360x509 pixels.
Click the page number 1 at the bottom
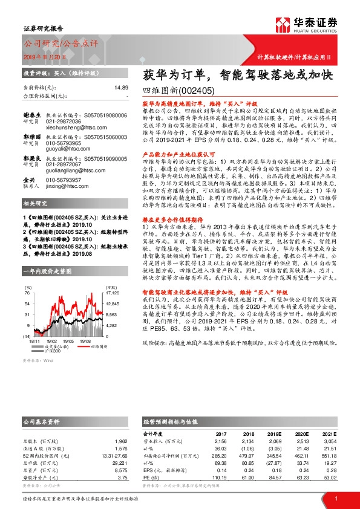tap(336, 498)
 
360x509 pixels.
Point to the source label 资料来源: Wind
tap(38, 377)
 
